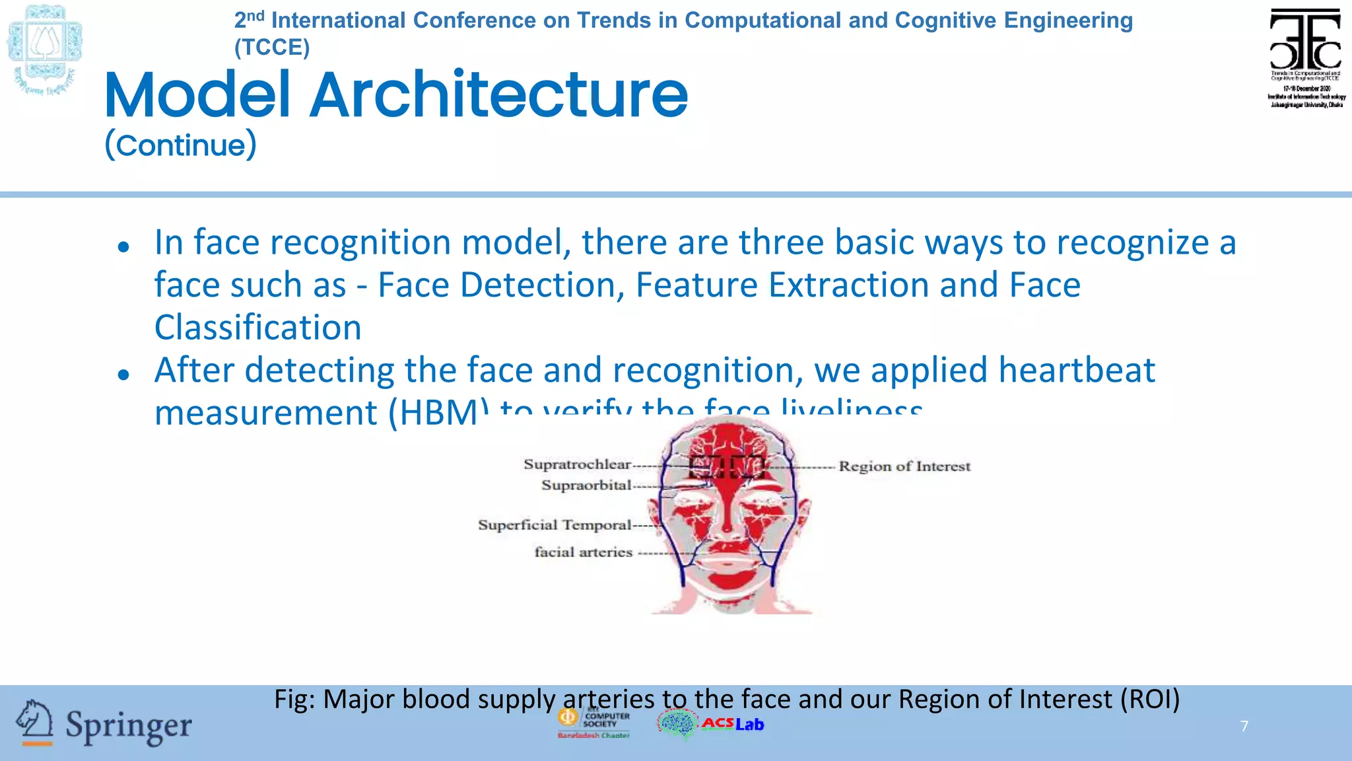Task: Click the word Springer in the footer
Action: pyautogui.click(x=129, y=726)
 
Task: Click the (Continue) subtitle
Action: pyautogui.click(x=180, y=145)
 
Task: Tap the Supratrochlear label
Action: pyautogui.click(x=577, y=464)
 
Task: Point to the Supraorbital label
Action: pyautogui.click(x=586, y=486)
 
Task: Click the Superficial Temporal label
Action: pyautogui.click(x=555, y=525)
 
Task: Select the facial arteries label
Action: pyautogui.click(x=583, y=552)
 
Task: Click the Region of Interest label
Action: pyautogui.click(x=904, y=466)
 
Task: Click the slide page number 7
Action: pyautogui.click(x=1244, y=726)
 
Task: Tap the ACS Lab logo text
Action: pyautogui.click(x=733, y=724)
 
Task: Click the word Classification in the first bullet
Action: pyautogui.click(x=257, y=328)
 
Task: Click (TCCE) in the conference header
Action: pyautogui.click(x=272, y=48)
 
